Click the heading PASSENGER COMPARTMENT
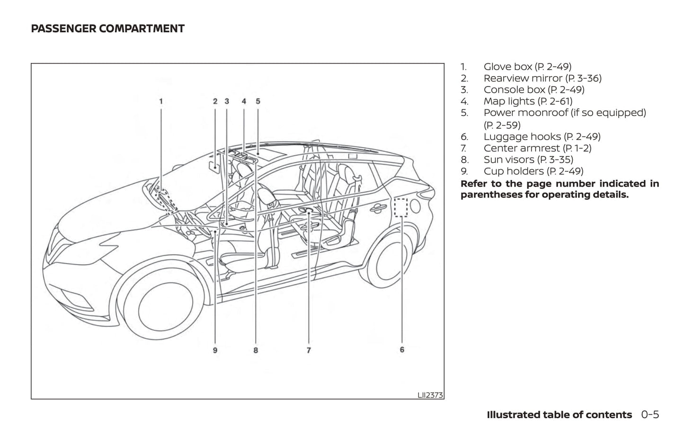tap(107, 29)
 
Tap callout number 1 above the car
tap(161, 101)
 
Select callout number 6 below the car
tap(402, 350)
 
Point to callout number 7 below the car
tap(309, 350)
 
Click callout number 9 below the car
tap(215, 350)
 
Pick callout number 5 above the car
tap(258, 101)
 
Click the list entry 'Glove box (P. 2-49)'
tap(527, 67)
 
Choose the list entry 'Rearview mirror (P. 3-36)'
tap(542, 78)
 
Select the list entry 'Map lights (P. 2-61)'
tap(527, 101)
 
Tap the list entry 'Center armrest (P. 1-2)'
tap(537, 148)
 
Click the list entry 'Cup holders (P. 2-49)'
tap(533, 171)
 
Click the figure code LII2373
tap(430, 395)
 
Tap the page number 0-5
tap(650, 415)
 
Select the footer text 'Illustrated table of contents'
tap(559, 415)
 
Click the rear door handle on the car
tap(378, 207)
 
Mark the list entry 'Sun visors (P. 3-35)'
tap(528, 160)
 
